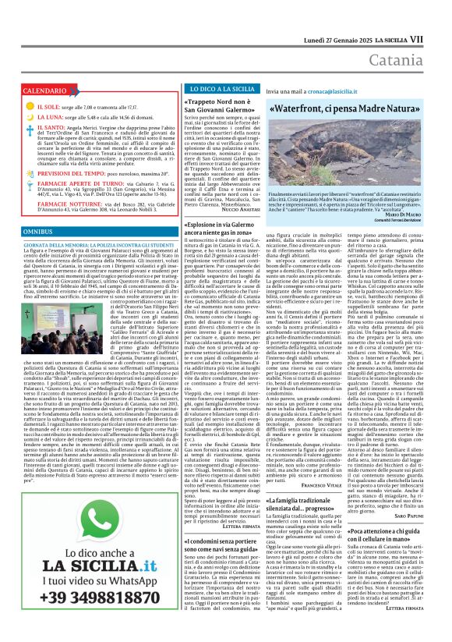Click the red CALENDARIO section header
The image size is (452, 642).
click(x=44, y=91)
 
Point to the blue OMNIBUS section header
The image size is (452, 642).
click(x=37, y=232)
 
